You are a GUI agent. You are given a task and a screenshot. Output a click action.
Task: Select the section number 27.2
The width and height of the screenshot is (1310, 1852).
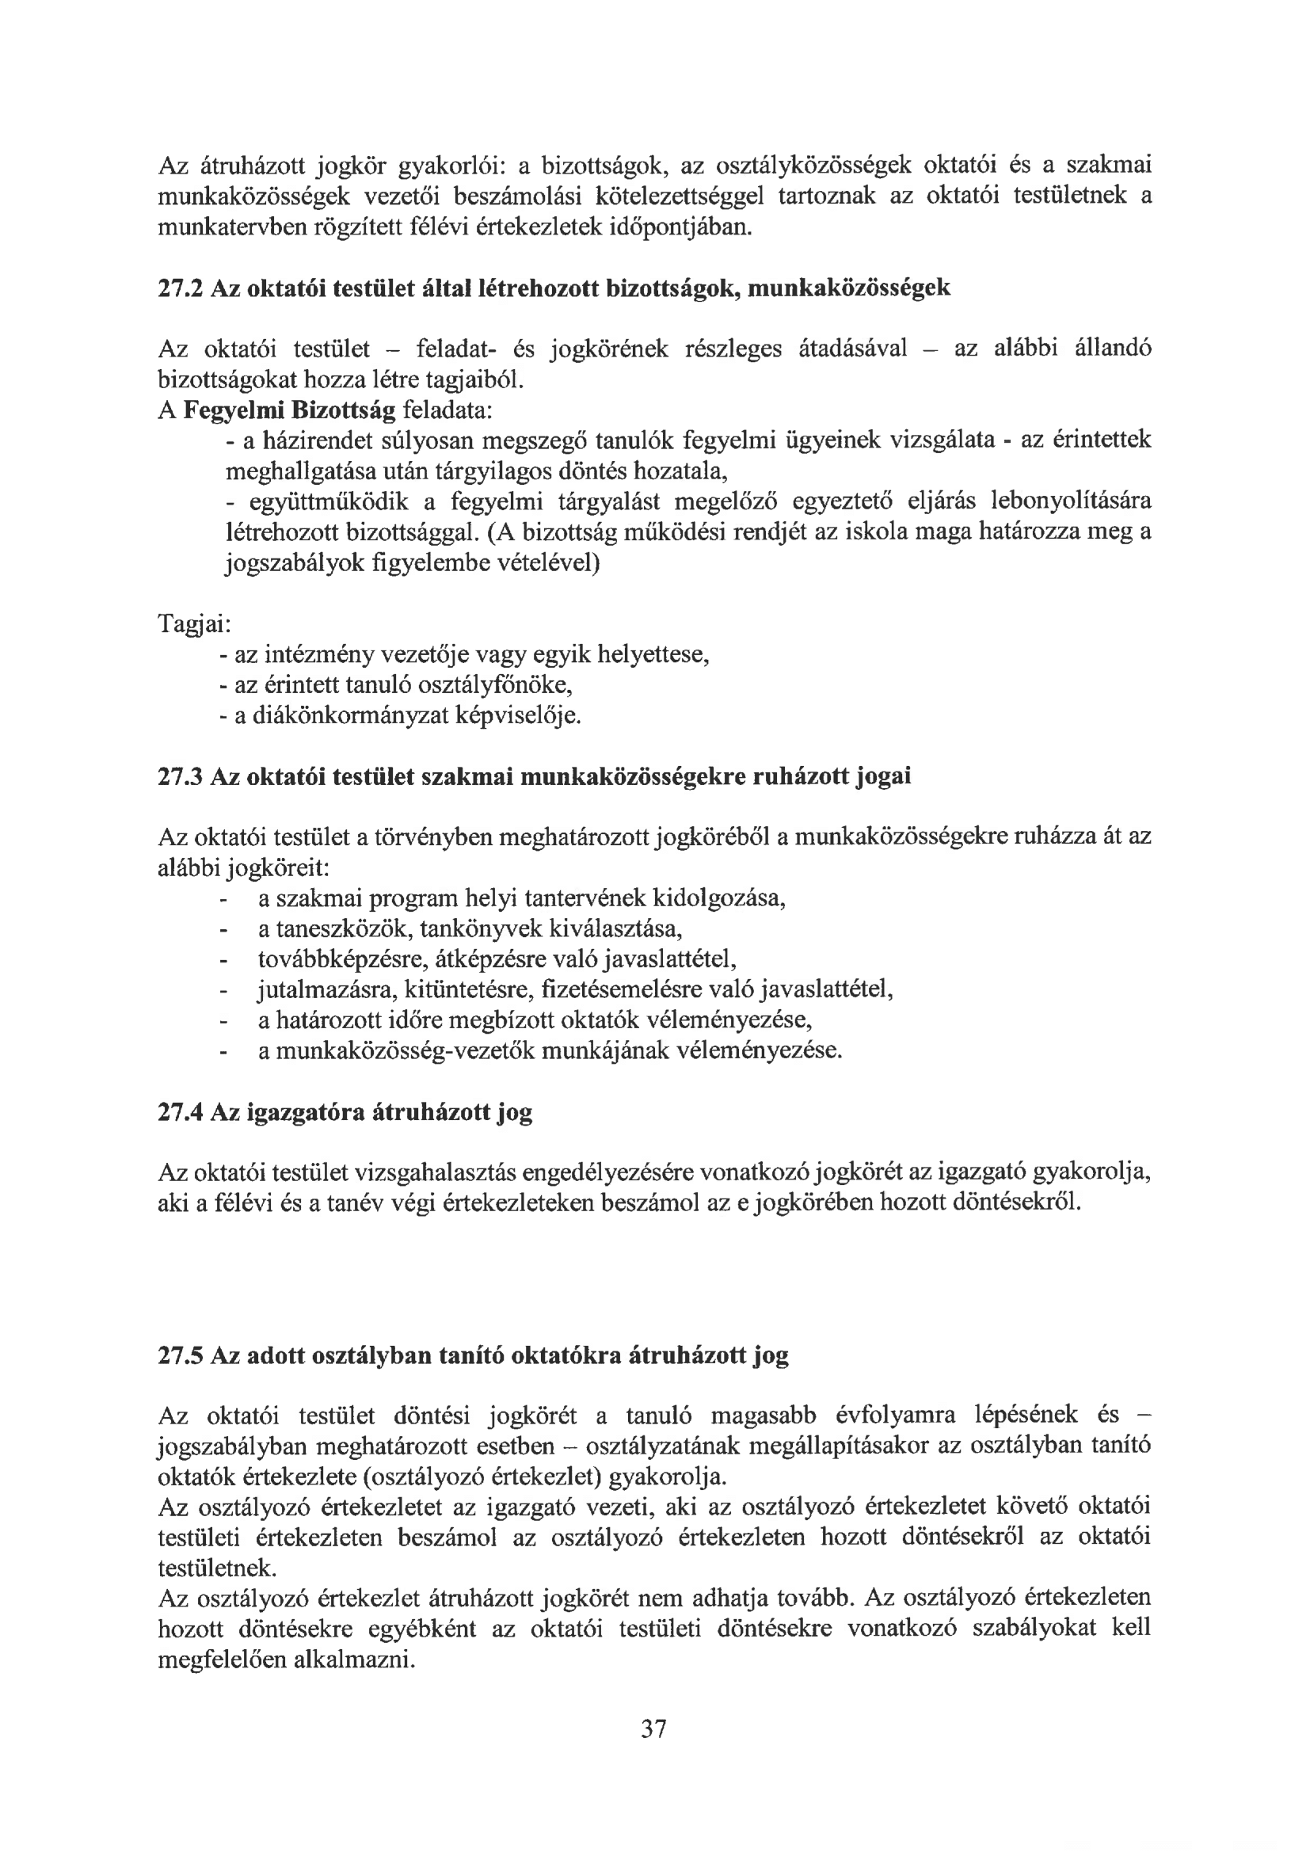click(x=181, y=288)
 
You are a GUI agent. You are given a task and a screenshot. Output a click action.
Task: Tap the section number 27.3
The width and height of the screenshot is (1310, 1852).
click(x=181, y=777)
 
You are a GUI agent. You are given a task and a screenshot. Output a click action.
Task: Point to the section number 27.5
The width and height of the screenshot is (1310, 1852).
click(x=181, y=1356)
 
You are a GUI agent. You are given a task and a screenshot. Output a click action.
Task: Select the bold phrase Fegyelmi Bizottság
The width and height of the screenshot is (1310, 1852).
click(x=290, y=410)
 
